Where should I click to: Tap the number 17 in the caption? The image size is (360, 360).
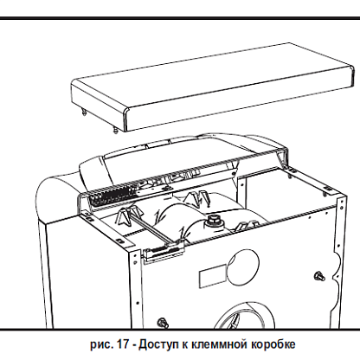pyautogui.click(x=121, y=344)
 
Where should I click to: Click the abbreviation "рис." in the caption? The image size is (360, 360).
pyautogui.click(x=101, y=345)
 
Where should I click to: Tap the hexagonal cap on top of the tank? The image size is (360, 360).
pyautogui.click(x=212, y=220)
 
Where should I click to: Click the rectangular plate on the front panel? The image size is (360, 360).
pyautogui.click(x=213, y=276)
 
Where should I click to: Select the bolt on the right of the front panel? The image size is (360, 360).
pyautogui.click(x=319, y=276)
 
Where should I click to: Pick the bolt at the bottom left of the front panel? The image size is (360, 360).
pyautogui.click(x=164, y=323)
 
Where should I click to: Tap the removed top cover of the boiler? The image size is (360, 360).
pyautogui.click(x=212, y=87)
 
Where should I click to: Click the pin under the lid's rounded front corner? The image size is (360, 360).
pyautogui.click(x=115, y=131)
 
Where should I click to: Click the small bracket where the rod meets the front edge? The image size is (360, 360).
pyautogui.click(x=164, y=250)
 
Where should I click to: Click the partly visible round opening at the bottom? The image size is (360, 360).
pyautogui.click(x=246, y=315)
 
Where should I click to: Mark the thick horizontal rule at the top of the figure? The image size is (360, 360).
pyautogui.click(x=180, y=18)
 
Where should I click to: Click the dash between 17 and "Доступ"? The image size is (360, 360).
pyautogui.click(x=133, y=345)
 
